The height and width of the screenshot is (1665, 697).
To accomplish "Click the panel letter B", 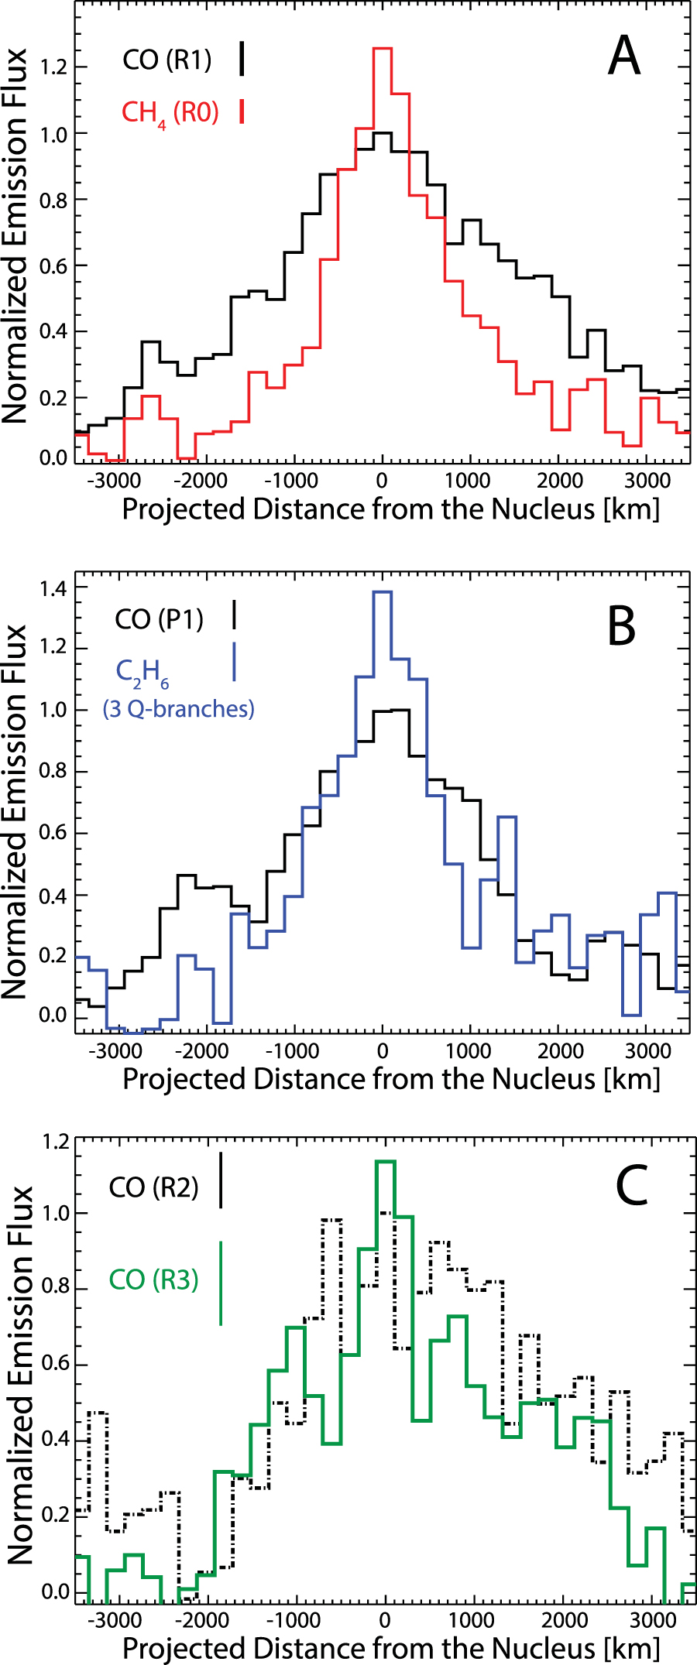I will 621,626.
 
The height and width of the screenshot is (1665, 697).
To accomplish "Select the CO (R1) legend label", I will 167,60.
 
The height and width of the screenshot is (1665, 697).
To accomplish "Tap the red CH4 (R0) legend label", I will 170,113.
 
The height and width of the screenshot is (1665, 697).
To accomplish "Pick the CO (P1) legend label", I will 159,619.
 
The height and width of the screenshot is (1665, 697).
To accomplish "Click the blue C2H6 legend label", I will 142,673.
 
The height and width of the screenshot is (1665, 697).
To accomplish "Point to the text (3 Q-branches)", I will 178,708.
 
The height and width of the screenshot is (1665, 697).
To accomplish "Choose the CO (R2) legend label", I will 153,1187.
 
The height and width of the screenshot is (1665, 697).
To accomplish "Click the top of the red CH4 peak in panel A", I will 383,49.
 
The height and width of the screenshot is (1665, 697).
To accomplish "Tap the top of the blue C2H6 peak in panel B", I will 383,592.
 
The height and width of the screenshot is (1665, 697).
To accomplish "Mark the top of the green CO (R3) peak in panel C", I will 385,1161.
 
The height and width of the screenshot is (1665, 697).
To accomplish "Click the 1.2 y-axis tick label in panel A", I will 53,67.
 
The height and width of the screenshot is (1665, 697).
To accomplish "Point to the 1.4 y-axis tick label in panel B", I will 53,588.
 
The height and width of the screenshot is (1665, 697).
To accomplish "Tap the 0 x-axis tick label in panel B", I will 383,1050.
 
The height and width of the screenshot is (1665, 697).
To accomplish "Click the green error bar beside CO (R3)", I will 221,1283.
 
